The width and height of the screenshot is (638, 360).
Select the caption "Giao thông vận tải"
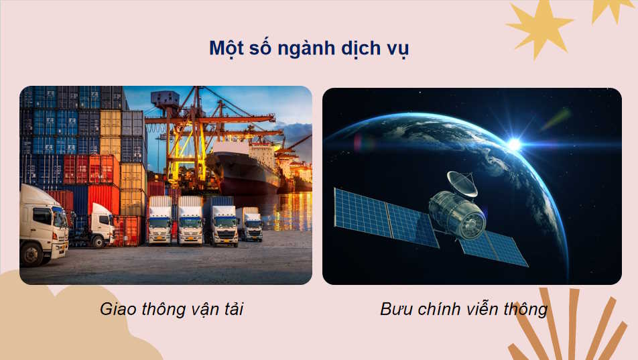click(172, 309)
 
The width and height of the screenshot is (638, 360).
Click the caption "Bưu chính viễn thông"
click(464, 309)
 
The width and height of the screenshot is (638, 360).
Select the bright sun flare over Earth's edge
click(514, 143)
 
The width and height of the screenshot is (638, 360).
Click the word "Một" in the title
click(227, 49)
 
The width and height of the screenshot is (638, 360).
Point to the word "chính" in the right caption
click(438, 309)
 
